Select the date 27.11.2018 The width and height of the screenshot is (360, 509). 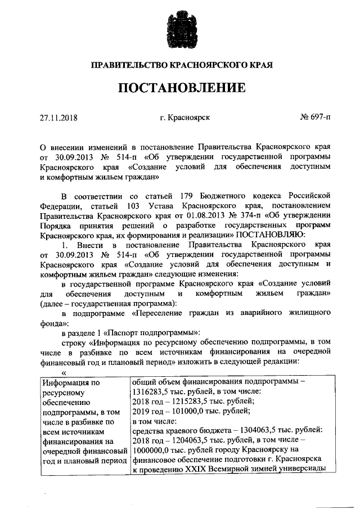point(58,118)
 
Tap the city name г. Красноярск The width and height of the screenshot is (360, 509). point(185,118)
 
